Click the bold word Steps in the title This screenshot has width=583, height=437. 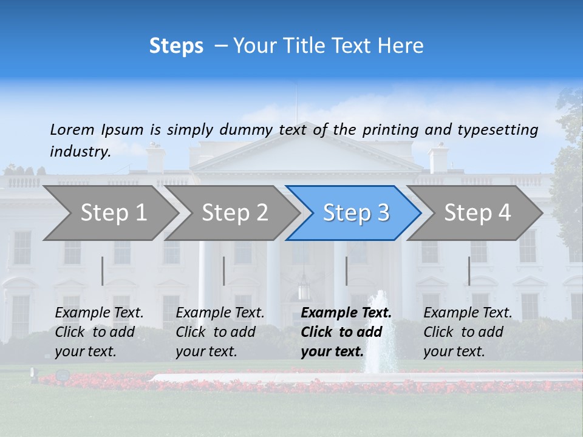pos(176,46)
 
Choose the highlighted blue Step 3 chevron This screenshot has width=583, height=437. pos(356,213)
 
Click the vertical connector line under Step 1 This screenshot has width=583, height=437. pos(103,271)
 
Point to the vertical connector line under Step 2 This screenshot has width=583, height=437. pos(224,271)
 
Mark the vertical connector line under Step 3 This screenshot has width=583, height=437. pos(346,271)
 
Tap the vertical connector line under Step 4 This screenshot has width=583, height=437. pos(469,271)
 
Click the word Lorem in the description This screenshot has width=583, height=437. pos(72,129)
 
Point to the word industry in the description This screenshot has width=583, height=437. pos(80,152)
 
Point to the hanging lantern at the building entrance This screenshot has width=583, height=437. pos(304,290)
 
